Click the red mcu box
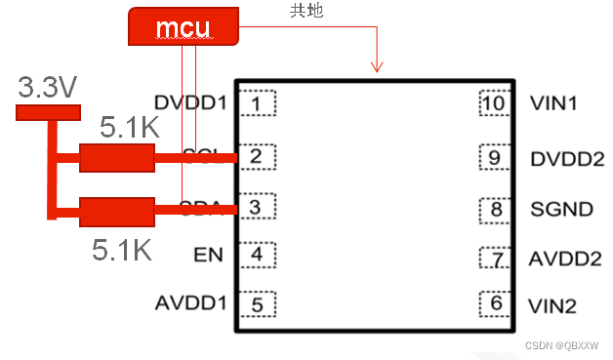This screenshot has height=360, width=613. [183, 27]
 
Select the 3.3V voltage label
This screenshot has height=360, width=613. [47, 89]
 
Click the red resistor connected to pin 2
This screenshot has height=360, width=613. [117, 158]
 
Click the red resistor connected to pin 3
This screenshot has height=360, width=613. [117, 212]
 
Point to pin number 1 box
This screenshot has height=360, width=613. [257, 102]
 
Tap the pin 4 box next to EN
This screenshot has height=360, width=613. [257, 256]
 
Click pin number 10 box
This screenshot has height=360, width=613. [495, 101]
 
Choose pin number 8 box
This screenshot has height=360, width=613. [495, 208]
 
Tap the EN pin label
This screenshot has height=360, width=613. [209, 256]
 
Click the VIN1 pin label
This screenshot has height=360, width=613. [552, 101]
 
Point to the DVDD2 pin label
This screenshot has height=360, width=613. [566, 158]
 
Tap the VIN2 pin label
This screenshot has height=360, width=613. [552, 305]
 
